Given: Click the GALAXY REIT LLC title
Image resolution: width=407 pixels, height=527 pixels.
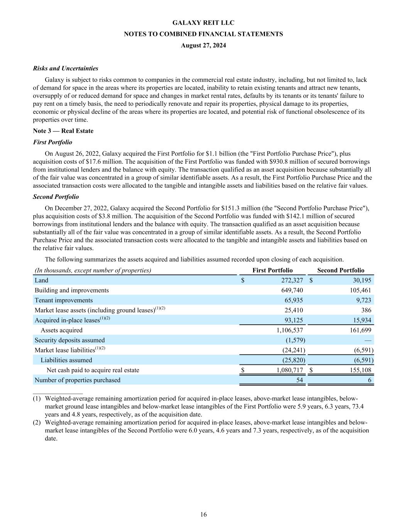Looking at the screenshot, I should (x=203, y=23).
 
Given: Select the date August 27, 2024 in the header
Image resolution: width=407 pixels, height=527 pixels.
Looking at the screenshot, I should (x=203, y=45).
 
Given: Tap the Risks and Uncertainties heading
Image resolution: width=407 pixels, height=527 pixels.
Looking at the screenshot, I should (x=66, y=68).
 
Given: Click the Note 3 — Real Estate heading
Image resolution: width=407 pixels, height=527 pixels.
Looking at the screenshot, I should (x=63, y=131).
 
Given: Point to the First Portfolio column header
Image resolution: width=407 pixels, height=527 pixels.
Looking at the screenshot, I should (x=272, y=270).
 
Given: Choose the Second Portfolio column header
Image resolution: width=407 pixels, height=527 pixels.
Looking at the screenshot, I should (x=341, y=270).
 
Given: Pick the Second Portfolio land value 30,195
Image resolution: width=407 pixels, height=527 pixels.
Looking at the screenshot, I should (x=361, y=280).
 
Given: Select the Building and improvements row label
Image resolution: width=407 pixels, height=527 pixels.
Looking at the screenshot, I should (x=72, y=290).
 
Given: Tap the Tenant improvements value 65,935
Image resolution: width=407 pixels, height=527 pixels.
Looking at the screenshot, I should (x=294, y=300).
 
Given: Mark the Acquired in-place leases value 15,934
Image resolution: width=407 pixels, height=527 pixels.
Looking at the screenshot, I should (x=362, y=320).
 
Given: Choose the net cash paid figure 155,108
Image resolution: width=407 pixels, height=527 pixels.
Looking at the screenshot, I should (x=359, y=370).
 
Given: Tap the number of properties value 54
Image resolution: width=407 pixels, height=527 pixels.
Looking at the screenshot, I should (x=299, y=380).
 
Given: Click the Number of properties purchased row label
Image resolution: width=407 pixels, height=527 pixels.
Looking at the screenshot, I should (x=78, y=380).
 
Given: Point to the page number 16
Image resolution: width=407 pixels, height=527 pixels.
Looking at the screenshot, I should (x=203, y=514).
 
